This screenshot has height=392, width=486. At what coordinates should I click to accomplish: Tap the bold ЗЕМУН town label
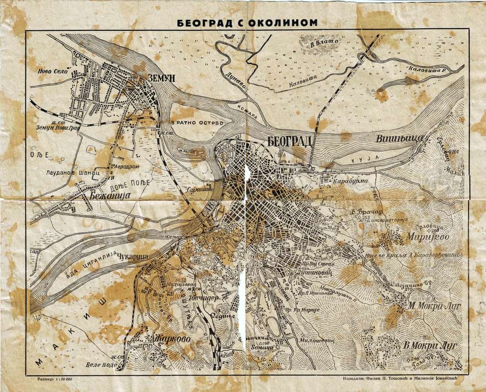point(161,78)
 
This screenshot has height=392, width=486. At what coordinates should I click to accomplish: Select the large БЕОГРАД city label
point(289,141)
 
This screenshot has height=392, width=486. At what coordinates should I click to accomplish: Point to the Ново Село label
point(54,72)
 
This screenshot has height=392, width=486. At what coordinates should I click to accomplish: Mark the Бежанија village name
point(110,196)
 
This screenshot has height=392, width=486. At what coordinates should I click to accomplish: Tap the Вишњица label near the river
point(400,139)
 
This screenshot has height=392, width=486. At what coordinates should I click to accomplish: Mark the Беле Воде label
point(99,365)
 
